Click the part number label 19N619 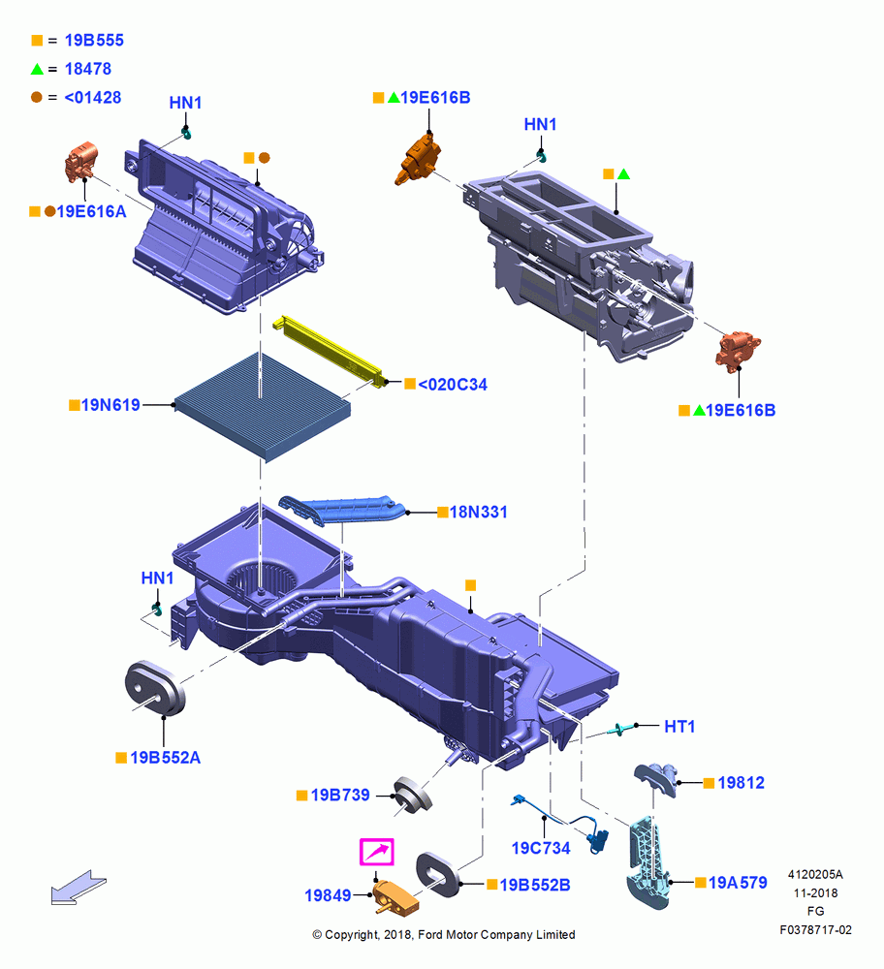tap(110, 405)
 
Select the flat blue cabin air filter tap(263, 406)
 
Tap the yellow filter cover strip tap(330, 351)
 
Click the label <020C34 tap(453, 385)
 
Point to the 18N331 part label tap(478, 512)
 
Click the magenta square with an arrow tap(377, 852)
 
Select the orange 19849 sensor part tap(395, 896)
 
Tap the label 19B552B tap(535, 885)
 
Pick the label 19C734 tap(541, 848)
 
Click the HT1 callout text tap(679, 726)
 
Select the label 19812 tap(742, 782)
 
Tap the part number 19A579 tap(738, 883)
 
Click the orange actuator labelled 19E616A tap(81, 162)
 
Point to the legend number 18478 tap(88, 69)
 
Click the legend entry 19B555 tap(94, 40)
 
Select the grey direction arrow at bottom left tap(79, 887)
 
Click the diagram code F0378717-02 tap(815, 929)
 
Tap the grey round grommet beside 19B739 tap(413, 795)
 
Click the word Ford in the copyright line tap(429, 934)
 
